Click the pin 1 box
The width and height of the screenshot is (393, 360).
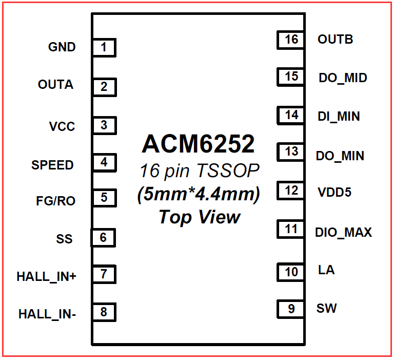(x=104, y=48)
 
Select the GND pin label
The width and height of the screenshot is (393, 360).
(x=62, y=47)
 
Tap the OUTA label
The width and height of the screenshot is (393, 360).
(x=55, y=85)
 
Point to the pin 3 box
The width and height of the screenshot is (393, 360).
(x=104, y=125)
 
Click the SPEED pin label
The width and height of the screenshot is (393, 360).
(x=52, y=165)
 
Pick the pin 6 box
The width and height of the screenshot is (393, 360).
(x=103, y=238)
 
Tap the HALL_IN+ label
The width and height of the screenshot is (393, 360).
(x=46, y=276)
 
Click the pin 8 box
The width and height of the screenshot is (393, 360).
(x=104, y=312)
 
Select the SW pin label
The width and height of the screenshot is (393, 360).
(x=327, y=309)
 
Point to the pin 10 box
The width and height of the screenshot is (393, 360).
(x=291, y=272)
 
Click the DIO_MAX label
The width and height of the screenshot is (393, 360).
(x=343, y=233)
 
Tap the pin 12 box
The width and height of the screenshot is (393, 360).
(x=291, y=191)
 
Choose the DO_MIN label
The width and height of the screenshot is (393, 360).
(x=341, y=156)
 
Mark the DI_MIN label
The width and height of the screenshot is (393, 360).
(x=339, y=117)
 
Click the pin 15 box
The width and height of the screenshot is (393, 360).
(x=291, y=77)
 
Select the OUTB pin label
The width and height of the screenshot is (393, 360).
(x=335, y=40)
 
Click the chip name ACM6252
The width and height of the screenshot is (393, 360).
(x=198, y=144)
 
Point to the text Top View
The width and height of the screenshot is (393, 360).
(x=199, y=217)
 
